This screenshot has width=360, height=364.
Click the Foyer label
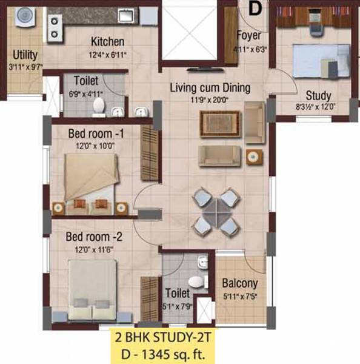248,34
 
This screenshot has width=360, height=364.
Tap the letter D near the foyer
255,8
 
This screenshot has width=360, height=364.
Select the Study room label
318,95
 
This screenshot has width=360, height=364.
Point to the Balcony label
240,283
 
